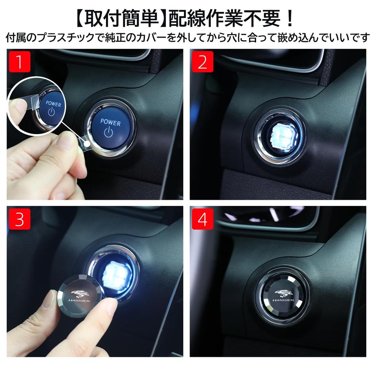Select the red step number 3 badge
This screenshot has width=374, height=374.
pos(19,219)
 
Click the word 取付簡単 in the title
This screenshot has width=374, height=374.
pos(120,19)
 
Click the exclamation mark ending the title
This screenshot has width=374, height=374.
pos(289,19)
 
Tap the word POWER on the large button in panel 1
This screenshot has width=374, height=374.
pos(110,122)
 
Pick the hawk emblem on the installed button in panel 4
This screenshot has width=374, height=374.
pos(284,293)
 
